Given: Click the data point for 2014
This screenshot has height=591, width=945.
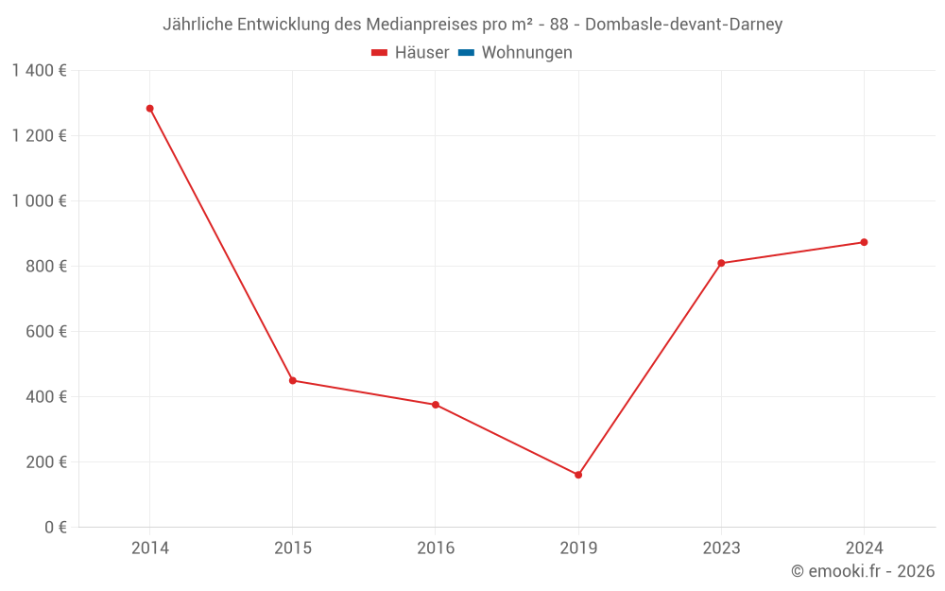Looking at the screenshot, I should tap(149, 109).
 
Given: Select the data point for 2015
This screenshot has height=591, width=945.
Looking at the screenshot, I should tap(292, 380).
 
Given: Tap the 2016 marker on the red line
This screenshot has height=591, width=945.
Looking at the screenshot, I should tap(436, 405).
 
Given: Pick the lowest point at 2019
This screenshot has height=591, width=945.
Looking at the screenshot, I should tap(578, 475).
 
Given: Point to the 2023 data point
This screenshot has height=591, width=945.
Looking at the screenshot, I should tap(721, 263).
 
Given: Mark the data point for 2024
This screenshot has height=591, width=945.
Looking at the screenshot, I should tap(864, 242).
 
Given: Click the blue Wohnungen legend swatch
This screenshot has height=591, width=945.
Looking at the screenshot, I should tap(466, 53).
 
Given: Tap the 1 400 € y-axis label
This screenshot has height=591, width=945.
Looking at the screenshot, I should tap(39, 71).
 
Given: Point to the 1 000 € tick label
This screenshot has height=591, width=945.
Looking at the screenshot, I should tap(39, 201).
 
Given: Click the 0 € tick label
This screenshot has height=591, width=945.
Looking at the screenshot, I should tap(55, 528).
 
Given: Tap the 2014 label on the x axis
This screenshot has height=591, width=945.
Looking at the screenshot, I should tap(149, 548).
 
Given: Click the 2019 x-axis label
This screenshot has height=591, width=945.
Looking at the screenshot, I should tap(578, 548).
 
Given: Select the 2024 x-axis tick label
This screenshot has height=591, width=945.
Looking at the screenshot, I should tap(864, 548).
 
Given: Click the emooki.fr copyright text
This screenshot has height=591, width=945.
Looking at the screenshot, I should tap(863, 571).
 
